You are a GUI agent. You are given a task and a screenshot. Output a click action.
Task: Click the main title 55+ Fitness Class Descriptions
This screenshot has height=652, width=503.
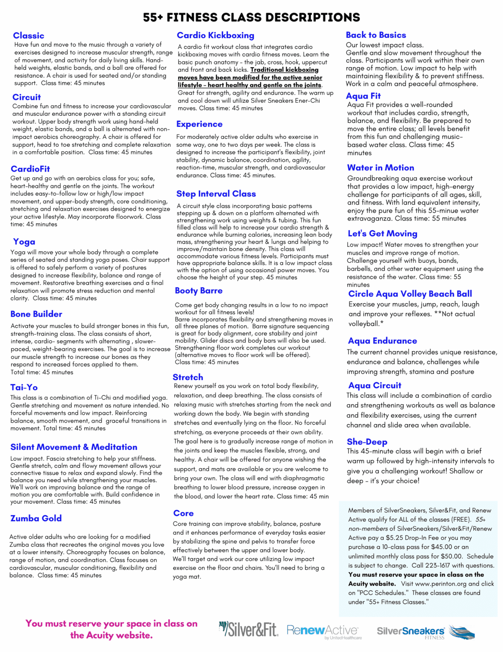pos(251,17)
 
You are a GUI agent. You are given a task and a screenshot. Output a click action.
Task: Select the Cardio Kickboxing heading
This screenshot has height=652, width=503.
pos(215,35)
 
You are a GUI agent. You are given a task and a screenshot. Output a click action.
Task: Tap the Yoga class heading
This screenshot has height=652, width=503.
pos(24,242)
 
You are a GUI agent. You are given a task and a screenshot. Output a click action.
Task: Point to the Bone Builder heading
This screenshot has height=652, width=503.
pos(36,314)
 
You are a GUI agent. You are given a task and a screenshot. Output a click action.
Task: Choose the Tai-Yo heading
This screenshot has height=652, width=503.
pos(24,387)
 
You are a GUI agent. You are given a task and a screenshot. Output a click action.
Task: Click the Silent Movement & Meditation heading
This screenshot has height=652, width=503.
pos(74,447)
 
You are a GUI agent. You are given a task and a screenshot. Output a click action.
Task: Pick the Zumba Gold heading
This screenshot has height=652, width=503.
pos(36,518)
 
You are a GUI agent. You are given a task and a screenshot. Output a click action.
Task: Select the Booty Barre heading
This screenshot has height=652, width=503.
pos(199,291)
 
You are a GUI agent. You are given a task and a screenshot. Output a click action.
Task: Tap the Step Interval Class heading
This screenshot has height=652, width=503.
pos(216,194)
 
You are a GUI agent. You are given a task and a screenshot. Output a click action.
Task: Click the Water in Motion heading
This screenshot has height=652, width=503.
pos(381,167)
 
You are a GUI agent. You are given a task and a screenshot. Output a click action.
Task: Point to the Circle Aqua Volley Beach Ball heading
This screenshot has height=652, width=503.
pos(410,294)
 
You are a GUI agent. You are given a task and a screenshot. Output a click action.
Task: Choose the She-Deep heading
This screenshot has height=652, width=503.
pos(367,442)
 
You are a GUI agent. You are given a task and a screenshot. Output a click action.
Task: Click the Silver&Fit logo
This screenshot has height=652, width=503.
pos(249,630)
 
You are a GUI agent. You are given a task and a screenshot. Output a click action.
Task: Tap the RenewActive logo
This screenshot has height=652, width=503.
pos(324,631)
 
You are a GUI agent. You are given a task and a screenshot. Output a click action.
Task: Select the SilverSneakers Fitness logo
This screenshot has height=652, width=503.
pos(425,632)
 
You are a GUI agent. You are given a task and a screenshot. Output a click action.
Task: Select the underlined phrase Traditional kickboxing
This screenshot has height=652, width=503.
pos(284,70)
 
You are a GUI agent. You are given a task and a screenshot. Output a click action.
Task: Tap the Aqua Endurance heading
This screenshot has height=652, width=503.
pos(383,341)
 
